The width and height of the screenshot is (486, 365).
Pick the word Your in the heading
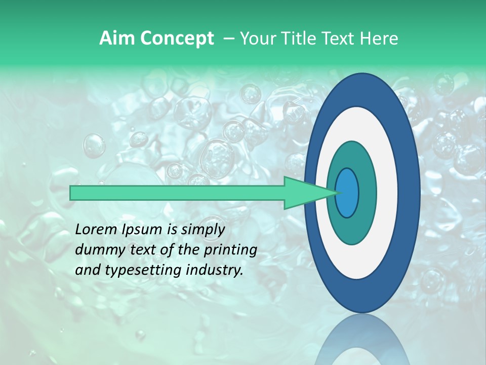pyautogui.click(x=257, y=39)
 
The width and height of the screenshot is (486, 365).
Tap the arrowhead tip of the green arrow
pyautogui.click(x=337, y=193)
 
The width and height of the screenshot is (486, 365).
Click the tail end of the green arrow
pyautogui.click(x=72, y=193)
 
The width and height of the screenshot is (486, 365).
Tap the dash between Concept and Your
pyautogui.click(x=227, y=39)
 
